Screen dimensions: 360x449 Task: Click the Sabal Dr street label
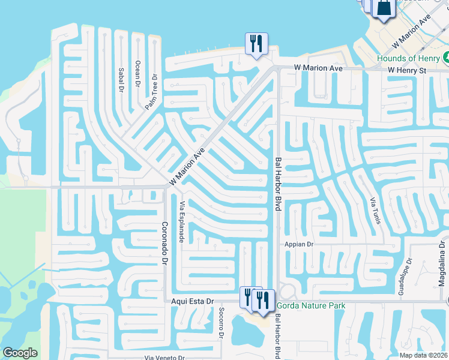pos(121,79)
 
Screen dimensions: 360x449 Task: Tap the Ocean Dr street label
pos(137,74)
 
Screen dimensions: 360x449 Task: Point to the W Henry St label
pos(406,70)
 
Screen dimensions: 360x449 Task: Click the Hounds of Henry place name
pos(408,58)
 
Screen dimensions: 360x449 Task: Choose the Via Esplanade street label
pos(181,221)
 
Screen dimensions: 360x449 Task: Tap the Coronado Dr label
pos(163,244)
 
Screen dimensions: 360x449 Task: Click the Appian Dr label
pos(300,245)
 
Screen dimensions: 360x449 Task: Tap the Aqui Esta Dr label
pos(193,301)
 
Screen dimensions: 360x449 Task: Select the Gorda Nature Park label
pos(310,305)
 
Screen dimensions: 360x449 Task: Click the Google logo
pos(20,353)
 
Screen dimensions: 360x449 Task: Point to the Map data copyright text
pos(424,355)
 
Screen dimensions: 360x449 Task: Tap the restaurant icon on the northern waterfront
pos(256,43)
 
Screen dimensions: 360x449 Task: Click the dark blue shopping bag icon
pos(382,8)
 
